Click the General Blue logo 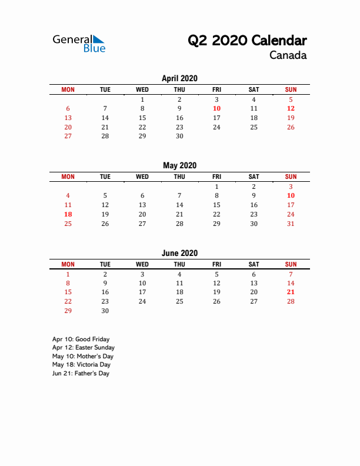(79, 43)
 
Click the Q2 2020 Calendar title (247, 41)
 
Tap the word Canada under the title (288, 56)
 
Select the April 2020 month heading (179, 78)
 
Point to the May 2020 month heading (179, 165)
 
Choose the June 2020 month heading (179, 253)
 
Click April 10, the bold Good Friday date (216, 108)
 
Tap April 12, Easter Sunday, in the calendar (291, 108)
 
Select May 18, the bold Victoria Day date (68, 214)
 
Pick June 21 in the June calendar (291, 292)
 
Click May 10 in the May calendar (291, 195)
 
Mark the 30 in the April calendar (179, 136)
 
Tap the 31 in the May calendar (291, 224)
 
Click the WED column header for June (142, 264)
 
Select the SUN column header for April (291, 89)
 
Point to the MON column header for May (68, 177)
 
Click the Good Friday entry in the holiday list (81, 339)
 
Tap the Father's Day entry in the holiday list (81, 373)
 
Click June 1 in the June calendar (68, 274)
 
